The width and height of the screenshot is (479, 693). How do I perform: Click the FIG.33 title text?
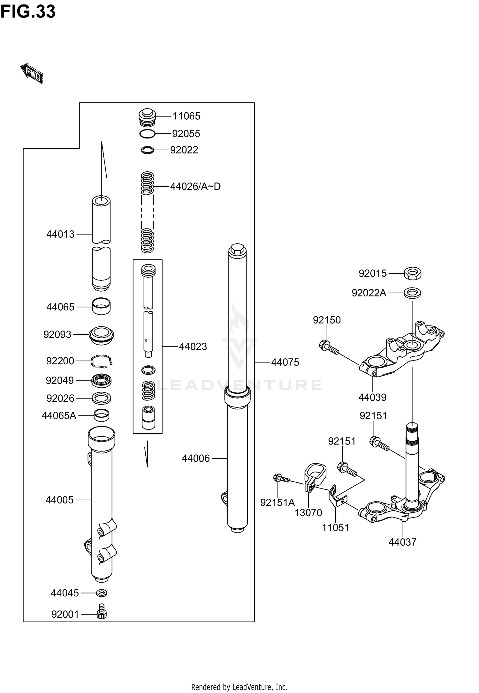pyautogui.click(x=28, y=12)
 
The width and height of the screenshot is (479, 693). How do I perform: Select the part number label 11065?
pyautogui.click(x=186, y=116)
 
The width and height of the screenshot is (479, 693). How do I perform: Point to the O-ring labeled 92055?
pyautogui.click(x=148, y=134)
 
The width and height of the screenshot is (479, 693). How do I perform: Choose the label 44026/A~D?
pyautogui.click(x=195, y=186)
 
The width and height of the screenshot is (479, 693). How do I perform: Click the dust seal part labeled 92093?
pyautogui.click(x=101, y=335)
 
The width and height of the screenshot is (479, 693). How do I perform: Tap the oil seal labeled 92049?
pyautogui.click(x=102, y=380)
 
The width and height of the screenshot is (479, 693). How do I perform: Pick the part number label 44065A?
pyautogui.click(x=59, y=415)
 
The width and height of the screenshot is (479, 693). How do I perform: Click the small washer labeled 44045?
pyautogui.click(x=102, y=593)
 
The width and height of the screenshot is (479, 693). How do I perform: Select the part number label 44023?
pyautogui.click(x=193, y=346)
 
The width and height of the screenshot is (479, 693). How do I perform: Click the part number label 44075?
pyautogui.click(x=285, y=362)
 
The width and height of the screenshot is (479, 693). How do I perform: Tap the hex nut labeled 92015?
pyautogui.click(x=413, y=273)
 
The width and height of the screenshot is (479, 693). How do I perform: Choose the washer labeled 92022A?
pyautogui.click(x=412, y=292)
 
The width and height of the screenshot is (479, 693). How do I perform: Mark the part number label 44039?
pyautogui.click(x=372, y=397)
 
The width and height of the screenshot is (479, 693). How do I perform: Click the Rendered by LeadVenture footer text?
pyautogui.click(x=239, y=687)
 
